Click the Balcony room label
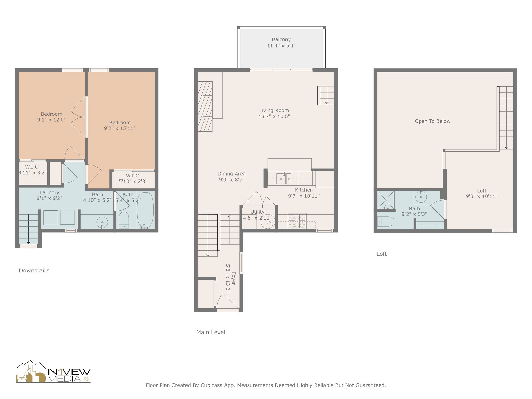(x=281, y=39)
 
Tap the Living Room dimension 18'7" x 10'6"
(x=274, y=116)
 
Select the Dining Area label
(x=231, y=174)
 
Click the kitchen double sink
(x=284, y=178)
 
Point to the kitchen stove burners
(x=297, y=221)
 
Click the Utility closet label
(x=257, y=212)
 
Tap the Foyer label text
(x=234, y=278)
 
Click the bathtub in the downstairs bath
(x=145, y=210)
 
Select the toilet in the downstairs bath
(x=124, y=220)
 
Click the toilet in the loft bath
(x=386, y=222)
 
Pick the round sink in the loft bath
(x=421, y=197)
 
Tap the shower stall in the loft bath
(x=386, y=200)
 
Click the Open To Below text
(x=433, y=121)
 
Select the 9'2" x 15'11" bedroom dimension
(x=120, y=128)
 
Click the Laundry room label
(x=49, y=192)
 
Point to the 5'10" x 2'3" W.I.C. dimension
(x=133, y=181)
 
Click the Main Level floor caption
(x=211, y=332)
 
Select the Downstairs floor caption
(x=34, y=270)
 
